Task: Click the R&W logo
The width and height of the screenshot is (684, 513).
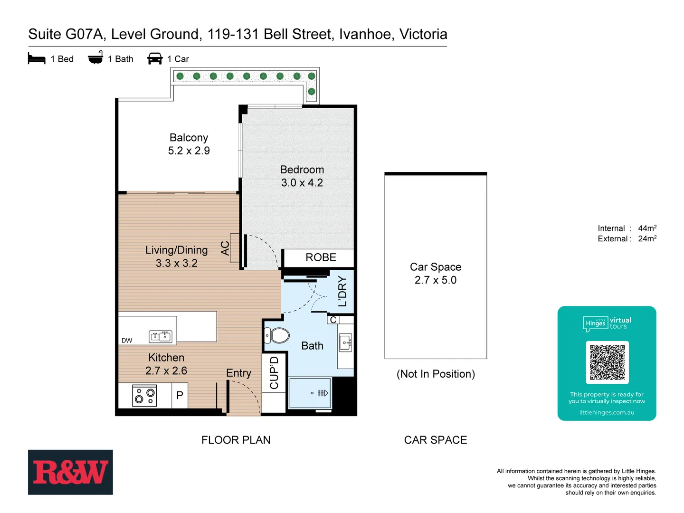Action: point(70,472)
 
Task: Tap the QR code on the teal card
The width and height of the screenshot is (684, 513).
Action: point(607,362)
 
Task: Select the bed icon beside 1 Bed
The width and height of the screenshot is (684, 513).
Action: point(37,59)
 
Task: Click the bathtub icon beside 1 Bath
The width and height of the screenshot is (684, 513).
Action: point(95,58)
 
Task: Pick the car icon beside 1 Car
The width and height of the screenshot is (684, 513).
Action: point(155,58)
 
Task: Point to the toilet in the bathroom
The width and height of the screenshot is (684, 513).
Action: point(277,335)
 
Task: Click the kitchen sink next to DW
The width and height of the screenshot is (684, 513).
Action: point(161,336)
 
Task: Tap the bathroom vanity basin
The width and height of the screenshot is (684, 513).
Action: point(345,342)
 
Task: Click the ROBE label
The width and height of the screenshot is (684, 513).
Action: point(321,257)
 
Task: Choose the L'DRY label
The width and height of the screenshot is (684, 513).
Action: point(342,292)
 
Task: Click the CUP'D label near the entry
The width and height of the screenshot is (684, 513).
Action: point(274,373)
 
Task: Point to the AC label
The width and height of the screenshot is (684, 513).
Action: point(225,248)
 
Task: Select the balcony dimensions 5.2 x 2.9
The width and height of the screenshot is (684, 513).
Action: point(189,151)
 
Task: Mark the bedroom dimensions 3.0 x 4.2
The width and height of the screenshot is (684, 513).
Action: point(302,183)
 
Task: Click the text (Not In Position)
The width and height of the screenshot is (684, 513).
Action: point(436,374)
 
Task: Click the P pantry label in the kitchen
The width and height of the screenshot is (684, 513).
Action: point(180,395)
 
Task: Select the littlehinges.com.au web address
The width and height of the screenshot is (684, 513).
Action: point(607,413)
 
